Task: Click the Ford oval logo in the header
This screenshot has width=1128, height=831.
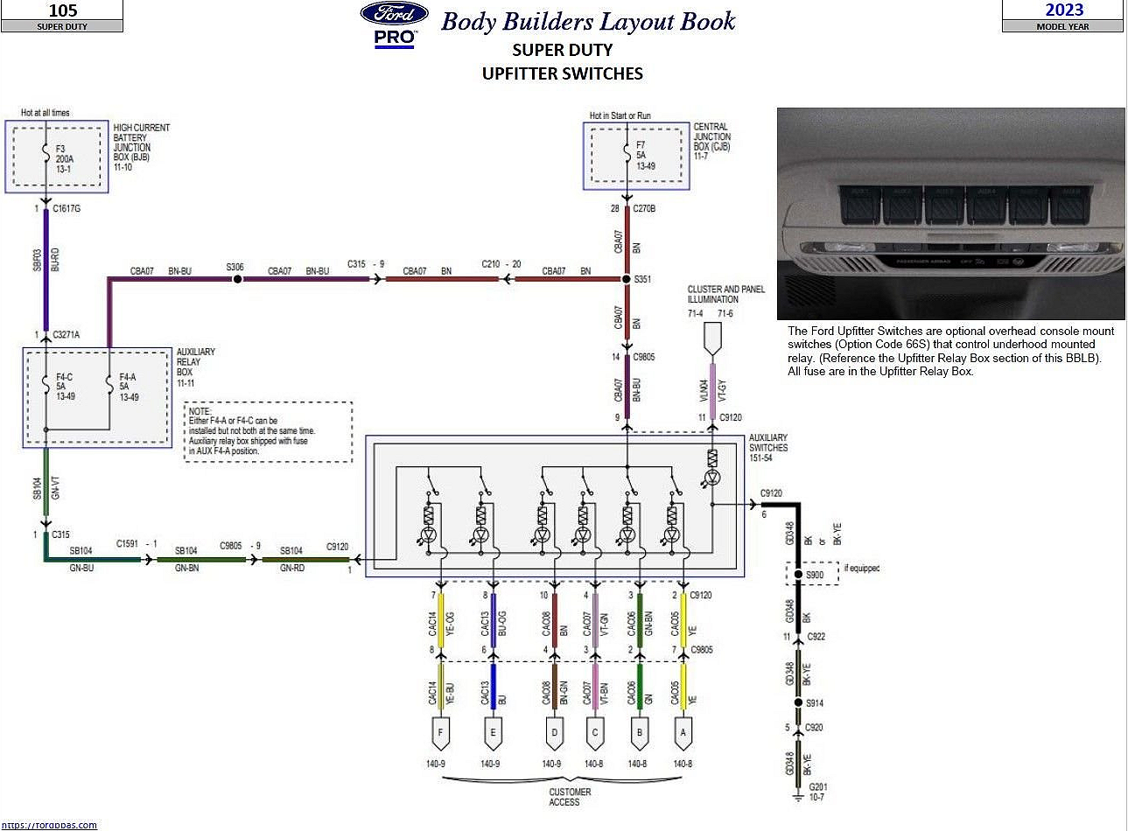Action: pyautogui.click(x=394, y=13)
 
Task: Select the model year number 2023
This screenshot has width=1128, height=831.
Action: pyautogui.click(x=1064, y=10)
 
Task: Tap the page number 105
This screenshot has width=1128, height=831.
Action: pyautogui.click(x=63, y=10)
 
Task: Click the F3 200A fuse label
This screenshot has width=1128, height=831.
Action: pyautogui.click(x=64, y=159)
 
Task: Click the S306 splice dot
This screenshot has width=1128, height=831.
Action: pyautogui.click(x=236, y=279)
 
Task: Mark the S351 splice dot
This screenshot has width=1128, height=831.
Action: pyautogui.click(x=627, y=279)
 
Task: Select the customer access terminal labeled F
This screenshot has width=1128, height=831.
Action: pyautogui.click(x=440, y=733)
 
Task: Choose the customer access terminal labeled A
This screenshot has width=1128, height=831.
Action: pyautogui.click(x=683, y=733)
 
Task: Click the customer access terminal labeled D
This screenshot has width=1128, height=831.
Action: pyautogui.click(x=553, y=733)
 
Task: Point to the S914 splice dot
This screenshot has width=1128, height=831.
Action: pyautogui.click(x=798, y=702)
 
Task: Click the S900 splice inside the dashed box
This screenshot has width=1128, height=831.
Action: pyautogui.click(x=798, y=575)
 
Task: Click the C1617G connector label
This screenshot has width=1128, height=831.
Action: pyautogui.click(x=67, y=209)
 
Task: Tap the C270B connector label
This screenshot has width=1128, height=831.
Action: pyautogui.click(x=644, y=209)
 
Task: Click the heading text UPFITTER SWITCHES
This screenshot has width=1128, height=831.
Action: pyautogui.click(x=563, y=74)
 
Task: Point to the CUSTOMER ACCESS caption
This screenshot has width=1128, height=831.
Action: pyautogui.click(x=570, y=797)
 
